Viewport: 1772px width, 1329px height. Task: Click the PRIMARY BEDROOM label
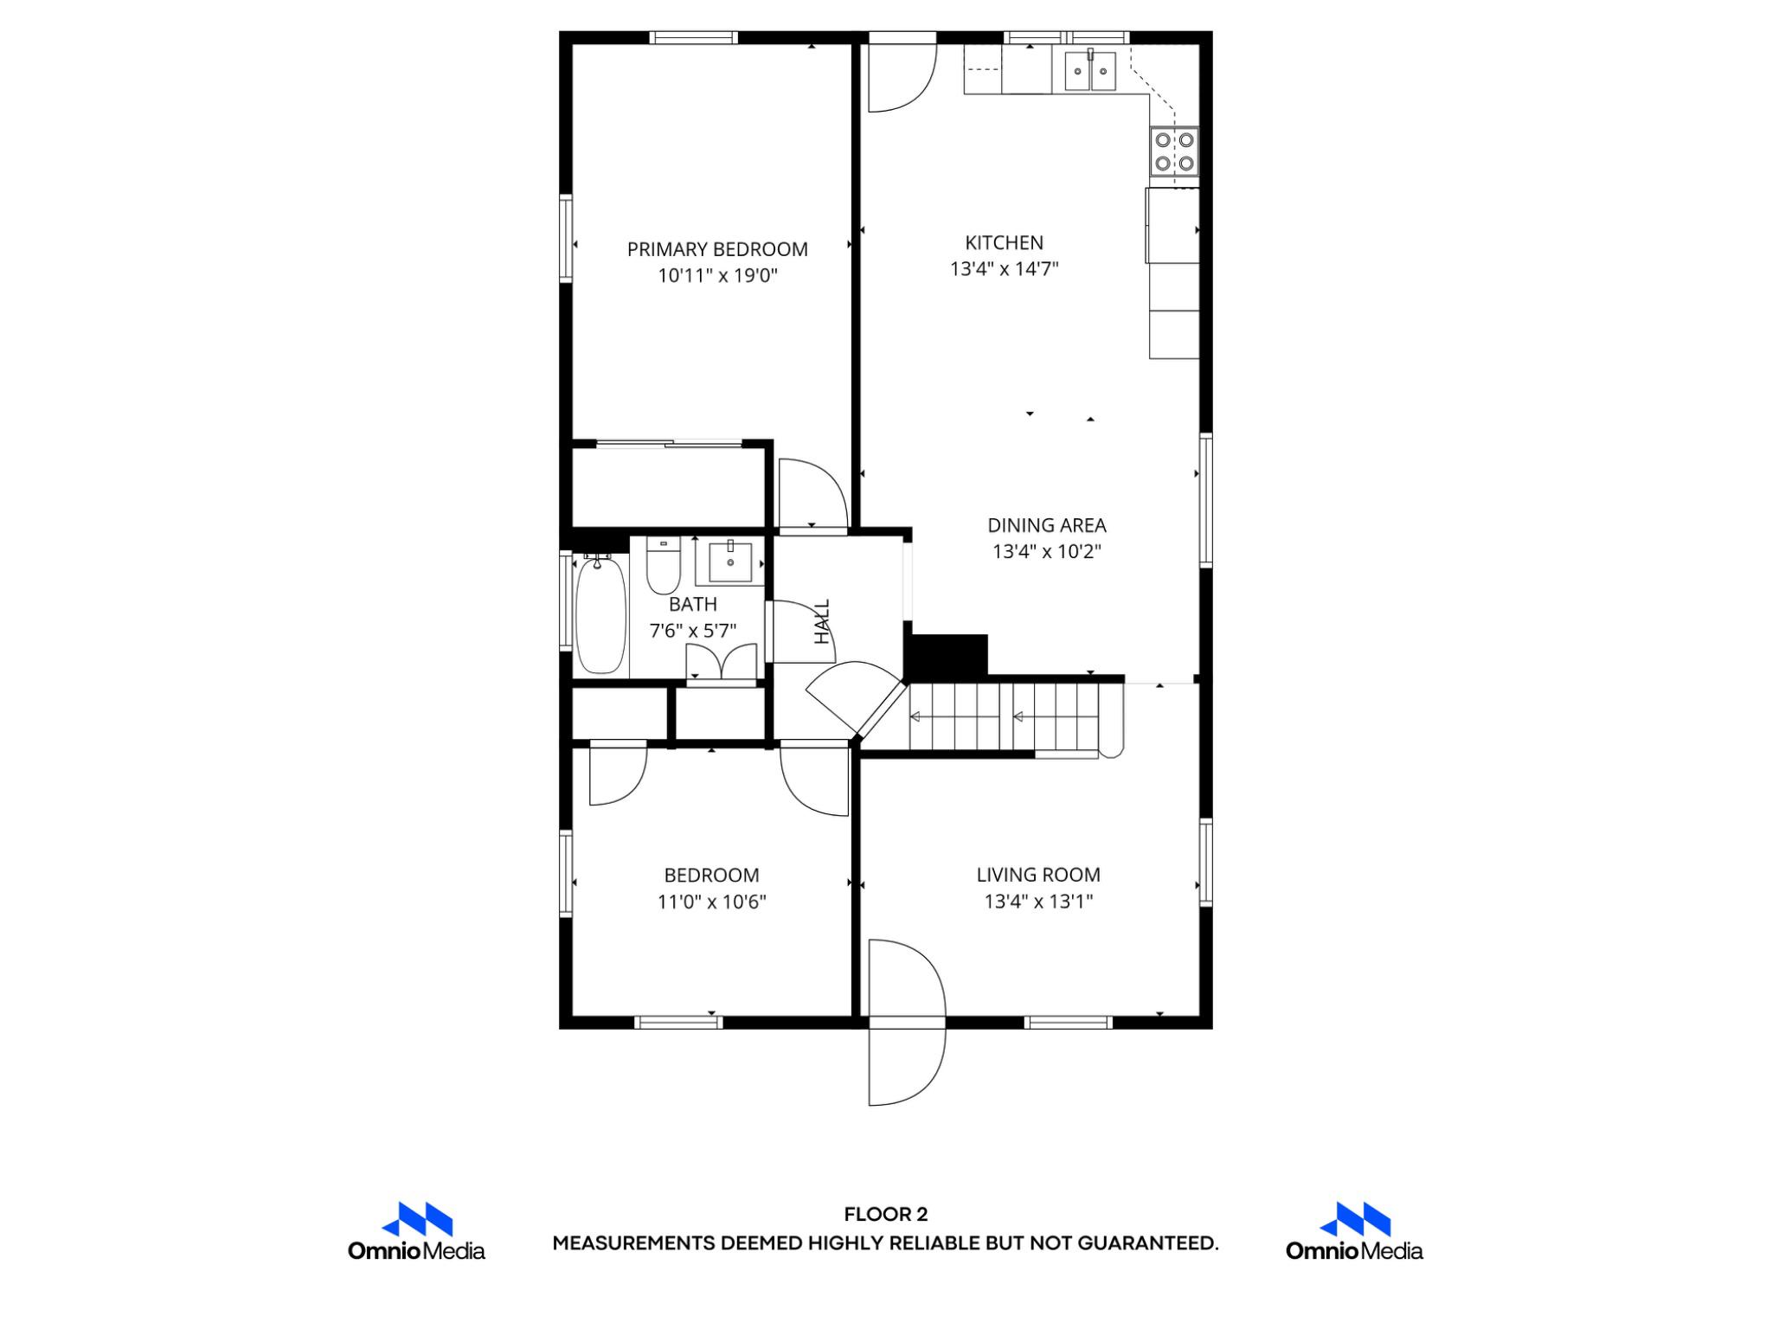(717, 249)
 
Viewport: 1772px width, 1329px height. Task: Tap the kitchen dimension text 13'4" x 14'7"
(1004, 269)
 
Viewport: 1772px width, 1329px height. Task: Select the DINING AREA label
(1047, 525)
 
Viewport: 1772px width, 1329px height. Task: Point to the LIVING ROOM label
(1038, 875)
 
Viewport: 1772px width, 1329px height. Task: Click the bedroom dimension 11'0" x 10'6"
(711, 902)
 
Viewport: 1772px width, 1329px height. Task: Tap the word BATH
(693, 604)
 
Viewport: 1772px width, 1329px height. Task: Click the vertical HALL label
(822, 621)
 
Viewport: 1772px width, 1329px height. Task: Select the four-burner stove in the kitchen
(1174, 151)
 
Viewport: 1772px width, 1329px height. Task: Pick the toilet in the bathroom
(664, 567)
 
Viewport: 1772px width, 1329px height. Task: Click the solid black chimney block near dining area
(947, 655)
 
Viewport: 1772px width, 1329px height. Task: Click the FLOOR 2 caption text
(885, 1215)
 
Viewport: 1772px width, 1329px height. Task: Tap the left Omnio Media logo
(417, 1231)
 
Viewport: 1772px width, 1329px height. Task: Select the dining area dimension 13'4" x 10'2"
(1047, 552)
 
